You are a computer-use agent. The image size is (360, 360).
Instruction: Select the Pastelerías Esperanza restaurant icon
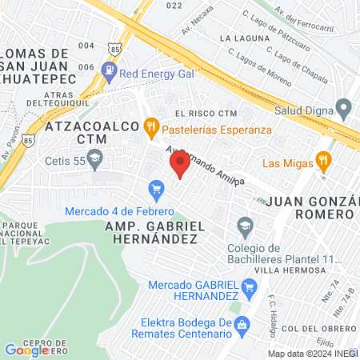(x=150, y=127)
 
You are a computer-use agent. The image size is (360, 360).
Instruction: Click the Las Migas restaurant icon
(x=322, y=159)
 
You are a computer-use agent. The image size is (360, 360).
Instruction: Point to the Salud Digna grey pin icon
(x=344, y=107)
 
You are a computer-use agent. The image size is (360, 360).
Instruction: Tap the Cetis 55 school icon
(x=95, y=158)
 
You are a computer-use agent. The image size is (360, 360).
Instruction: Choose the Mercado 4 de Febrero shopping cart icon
(x=157, y=190)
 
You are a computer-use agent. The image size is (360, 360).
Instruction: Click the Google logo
(x=26, y=350)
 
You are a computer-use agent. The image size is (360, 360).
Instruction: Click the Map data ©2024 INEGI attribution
(x=312, y=354)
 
